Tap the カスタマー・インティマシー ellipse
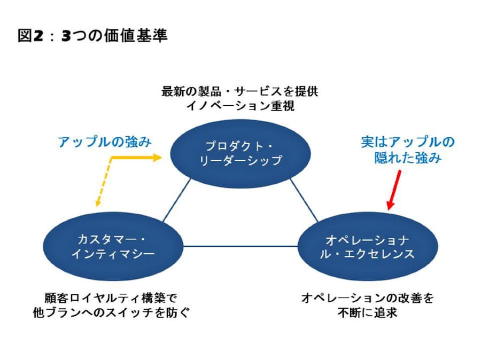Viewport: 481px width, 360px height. point(113,246)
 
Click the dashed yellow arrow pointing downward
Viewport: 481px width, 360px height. point(102,184)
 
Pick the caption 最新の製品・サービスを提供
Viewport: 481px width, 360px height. point(240,91)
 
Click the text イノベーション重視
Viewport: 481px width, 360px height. point(240,105)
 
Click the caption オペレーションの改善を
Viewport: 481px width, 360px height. point(367,298)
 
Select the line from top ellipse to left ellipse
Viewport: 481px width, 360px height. point(176,200)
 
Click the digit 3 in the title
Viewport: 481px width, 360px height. point(66,36)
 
